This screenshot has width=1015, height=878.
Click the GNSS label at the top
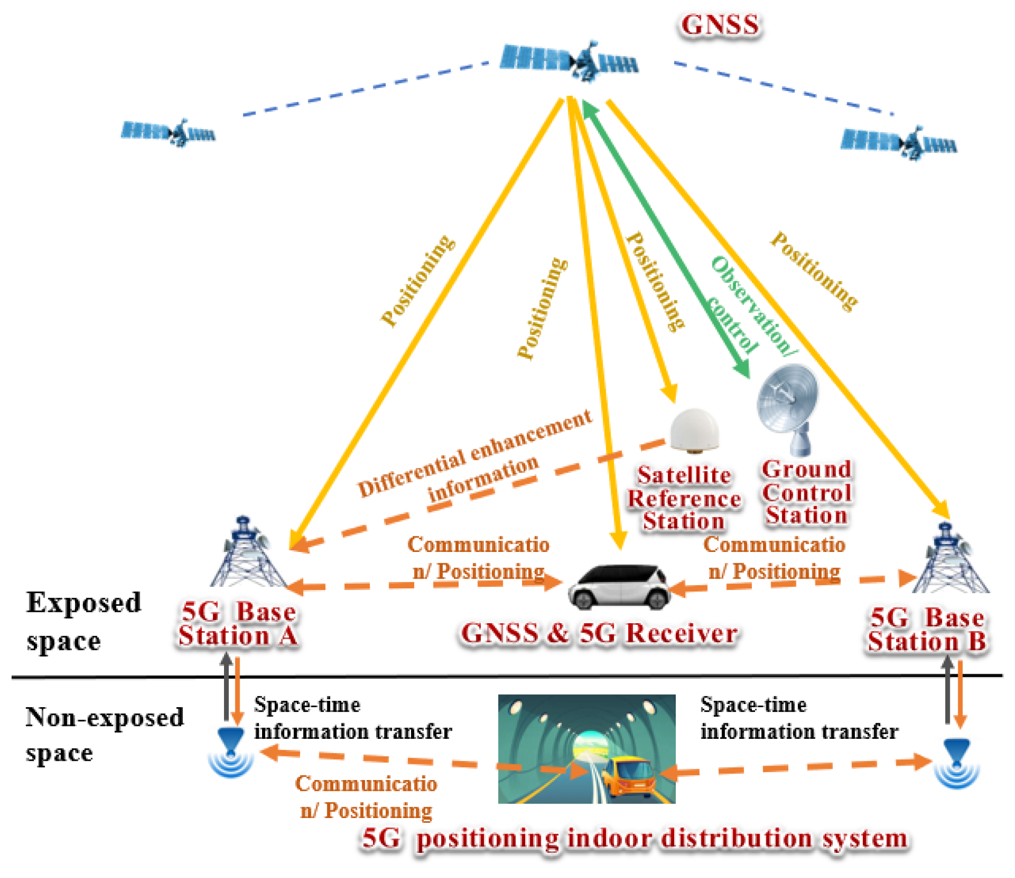tap(719, 25)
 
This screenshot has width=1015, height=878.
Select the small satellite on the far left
tap(169, 132)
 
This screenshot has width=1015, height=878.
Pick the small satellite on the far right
tap(899, 142)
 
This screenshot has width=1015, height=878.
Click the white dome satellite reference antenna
tap(694, 430)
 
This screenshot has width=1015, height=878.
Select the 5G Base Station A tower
tap(247, 554)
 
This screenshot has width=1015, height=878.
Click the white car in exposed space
tap(619, 586)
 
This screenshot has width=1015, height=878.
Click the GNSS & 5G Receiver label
tap(599, 633)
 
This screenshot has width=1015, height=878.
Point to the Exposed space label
tap(83, 621)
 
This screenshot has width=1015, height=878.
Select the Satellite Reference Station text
tap(683, 498)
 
